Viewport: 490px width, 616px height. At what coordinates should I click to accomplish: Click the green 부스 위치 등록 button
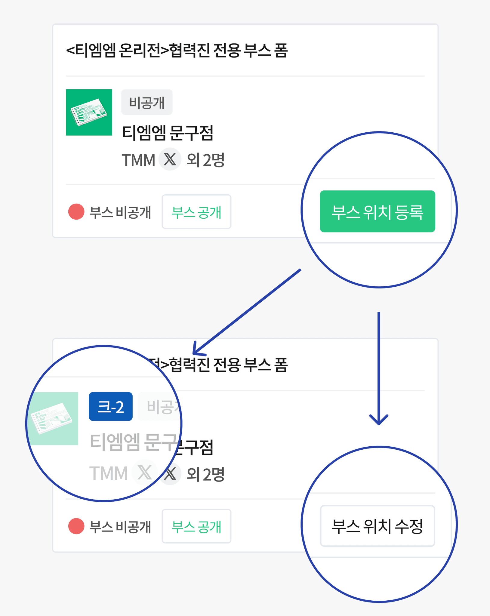click(377, 211)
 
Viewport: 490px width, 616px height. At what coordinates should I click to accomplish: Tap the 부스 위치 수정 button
click(377, 526)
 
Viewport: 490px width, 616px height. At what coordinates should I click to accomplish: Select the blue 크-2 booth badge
click(111, 406)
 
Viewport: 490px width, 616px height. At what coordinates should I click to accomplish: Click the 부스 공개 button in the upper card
click(196, 212)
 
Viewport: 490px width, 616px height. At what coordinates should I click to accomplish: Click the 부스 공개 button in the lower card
click(196, 526)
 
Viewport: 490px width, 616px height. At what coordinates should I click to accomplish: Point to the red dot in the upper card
click(76, 212)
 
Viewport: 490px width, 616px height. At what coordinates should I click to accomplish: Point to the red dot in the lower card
click(76, 526)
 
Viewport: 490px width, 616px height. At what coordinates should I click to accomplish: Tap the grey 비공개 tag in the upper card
click(147, 102)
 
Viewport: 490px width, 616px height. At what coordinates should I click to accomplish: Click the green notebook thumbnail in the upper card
click(89, 112)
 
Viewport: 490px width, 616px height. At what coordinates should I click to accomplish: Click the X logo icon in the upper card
click(170, 159)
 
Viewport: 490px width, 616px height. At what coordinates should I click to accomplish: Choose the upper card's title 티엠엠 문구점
click(168, 133)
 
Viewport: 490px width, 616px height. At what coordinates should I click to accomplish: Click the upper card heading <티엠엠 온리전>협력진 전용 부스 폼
click(177, 50)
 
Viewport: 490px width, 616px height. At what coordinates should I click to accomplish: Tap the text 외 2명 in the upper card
click(205, 160)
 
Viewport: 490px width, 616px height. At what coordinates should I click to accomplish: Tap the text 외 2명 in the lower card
click(205, 474)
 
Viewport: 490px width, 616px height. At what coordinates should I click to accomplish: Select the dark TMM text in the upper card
click(138, 160)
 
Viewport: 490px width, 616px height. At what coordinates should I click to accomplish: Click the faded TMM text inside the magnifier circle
click(109, 473)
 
